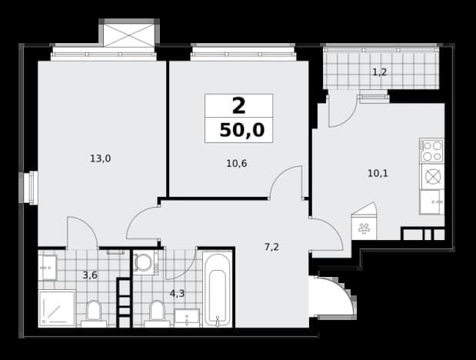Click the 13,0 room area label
[101, 158]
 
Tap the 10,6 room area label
[237, 164]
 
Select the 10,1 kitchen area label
[378, 174]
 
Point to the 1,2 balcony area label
[379, 72]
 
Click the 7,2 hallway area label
[271, 247]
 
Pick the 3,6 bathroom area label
[90, 275]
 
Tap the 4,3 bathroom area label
[178, 294]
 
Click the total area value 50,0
[242, 131]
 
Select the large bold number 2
[238, 106]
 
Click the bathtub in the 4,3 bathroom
[217, 289]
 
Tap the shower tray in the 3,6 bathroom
[57, 308]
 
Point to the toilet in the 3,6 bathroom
[94, 314]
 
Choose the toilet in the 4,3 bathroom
[157, 314]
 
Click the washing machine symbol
[145, 262]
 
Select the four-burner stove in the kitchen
[431, 151]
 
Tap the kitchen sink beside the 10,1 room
[431, 202]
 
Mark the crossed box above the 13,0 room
[129, 35]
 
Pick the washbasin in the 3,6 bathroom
[48, 268]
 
